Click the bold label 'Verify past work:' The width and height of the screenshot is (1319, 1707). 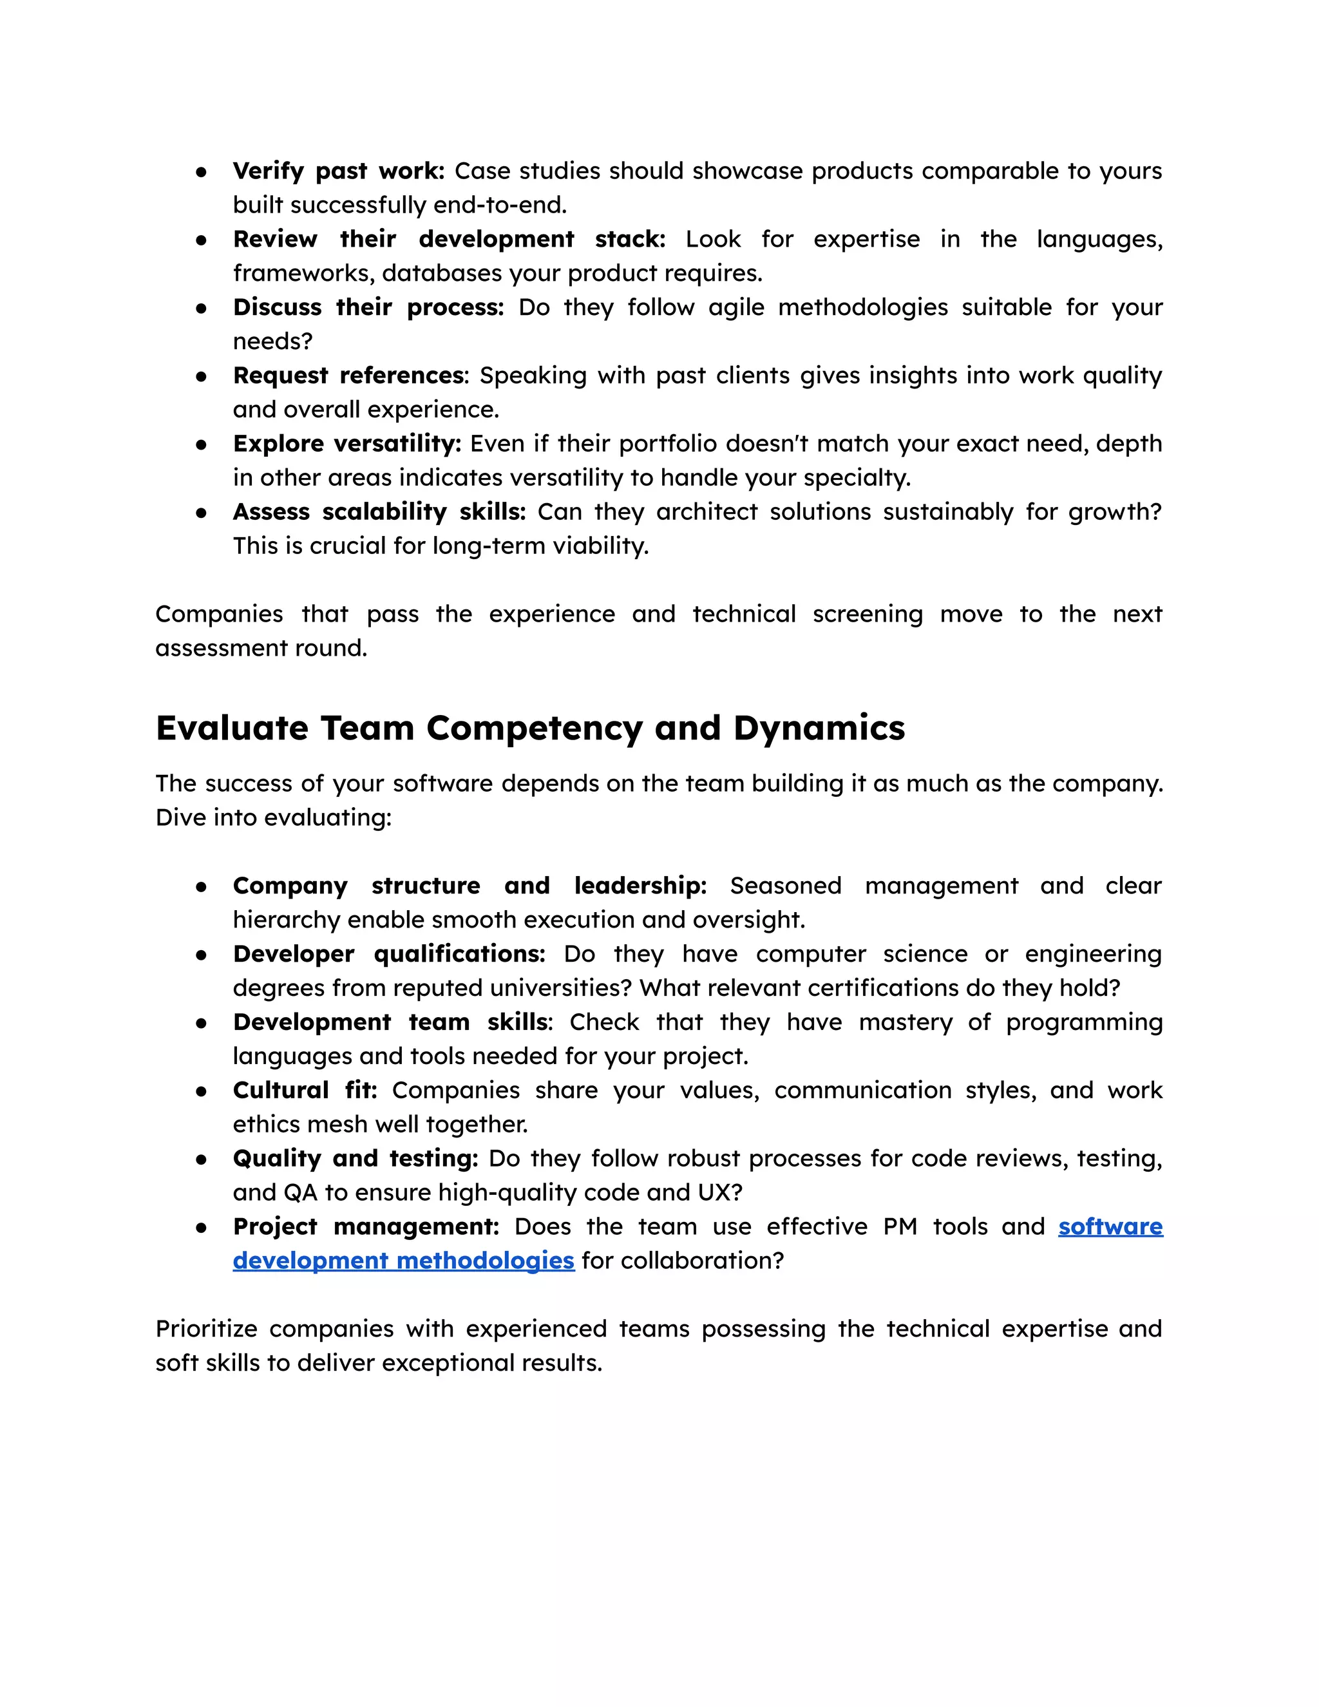coord(337,171)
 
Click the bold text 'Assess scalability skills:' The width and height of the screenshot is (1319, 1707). coord(379,511)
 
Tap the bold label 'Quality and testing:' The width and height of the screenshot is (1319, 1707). coord(355,1158)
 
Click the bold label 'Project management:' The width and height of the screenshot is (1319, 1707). coord(366,1226)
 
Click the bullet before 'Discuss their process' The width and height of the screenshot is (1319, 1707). coord(202,308)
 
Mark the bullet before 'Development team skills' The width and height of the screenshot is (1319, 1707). coord(202,1022)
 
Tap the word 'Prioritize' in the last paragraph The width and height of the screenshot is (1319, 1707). coord(206,1329)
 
